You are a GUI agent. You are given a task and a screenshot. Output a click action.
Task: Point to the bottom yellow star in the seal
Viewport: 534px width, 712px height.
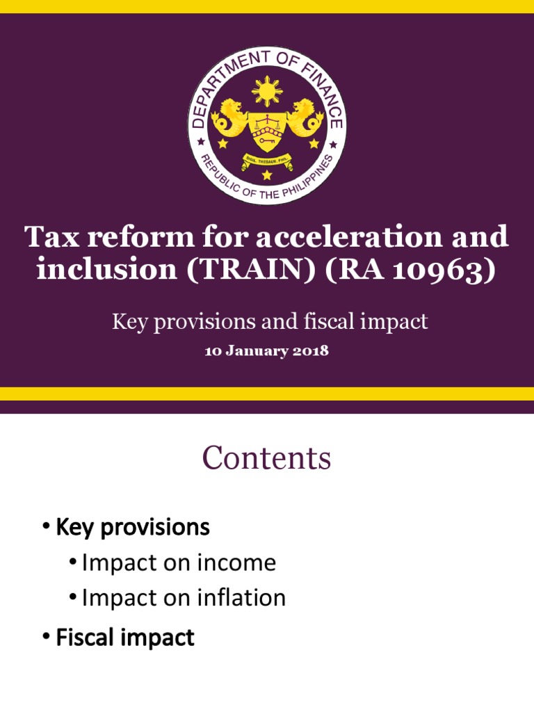coord(267,175)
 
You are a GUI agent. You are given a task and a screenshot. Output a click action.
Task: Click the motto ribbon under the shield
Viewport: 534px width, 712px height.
coord(267,161)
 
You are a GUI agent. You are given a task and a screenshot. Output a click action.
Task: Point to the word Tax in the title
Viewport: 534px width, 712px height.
coord(50,238)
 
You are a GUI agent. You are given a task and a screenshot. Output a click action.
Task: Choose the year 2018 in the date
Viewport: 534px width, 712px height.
coord(311,351)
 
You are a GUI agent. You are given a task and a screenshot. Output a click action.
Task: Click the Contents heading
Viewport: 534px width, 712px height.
coord(267,459)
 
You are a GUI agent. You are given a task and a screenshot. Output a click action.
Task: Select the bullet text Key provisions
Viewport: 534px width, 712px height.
coord(132,528)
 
